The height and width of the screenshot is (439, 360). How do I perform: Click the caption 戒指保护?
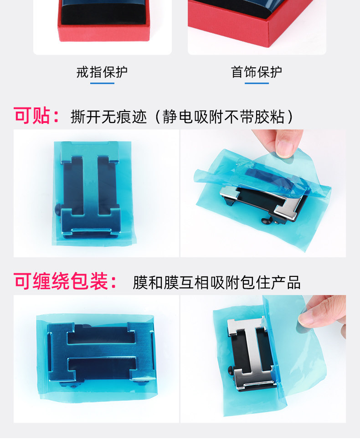(x=102, y=72)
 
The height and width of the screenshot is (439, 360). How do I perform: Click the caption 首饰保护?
(x=257, y=72)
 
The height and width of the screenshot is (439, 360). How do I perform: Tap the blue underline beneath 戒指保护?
(x=102, y=83)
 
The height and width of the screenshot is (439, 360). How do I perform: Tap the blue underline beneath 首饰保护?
(x=257, y=83)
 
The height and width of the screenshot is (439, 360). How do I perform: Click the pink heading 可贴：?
(x=36, y=116)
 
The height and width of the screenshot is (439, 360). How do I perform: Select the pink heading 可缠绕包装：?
(x=65, y=281)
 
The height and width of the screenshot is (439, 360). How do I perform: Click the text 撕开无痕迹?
(x=109, y=117)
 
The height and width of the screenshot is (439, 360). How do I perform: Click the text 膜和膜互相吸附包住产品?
(x=216, y=282)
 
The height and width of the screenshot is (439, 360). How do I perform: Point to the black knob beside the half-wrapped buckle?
(x=230, y=371)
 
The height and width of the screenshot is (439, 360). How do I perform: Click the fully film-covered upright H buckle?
(x=91, y=190)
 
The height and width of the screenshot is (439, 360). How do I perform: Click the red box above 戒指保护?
(x=103, y=21)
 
